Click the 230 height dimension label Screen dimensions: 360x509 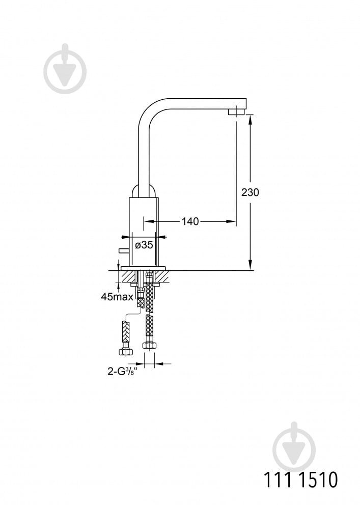click(x=250, y=192)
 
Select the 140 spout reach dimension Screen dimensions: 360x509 click(x=190, y=221)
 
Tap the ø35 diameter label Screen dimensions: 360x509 click(x=144, y=245)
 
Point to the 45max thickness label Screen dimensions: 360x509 click(x=117, y=297)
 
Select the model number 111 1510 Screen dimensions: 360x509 click(x=300, y=480)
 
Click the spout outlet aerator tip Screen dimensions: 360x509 click(x=237, y=112)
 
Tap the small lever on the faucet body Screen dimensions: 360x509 click(x=124, y=250)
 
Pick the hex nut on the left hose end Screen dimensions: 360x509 click(x=125, y=351)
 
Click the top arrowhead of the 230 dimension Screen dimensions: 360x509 click(x=251, y=119)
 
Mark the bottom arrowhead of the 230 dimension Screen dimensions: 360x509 click(x=251, y=265)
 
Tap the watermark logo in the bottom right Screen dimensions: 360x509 click(x=294, y=447)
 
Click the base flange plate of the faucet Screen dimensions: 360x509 click(x=143, y=269)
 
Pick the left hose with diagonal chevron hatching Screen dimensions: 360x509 click(x=125, y=331)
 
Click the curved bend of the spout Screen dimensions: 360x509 click(x=148, y=110)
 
